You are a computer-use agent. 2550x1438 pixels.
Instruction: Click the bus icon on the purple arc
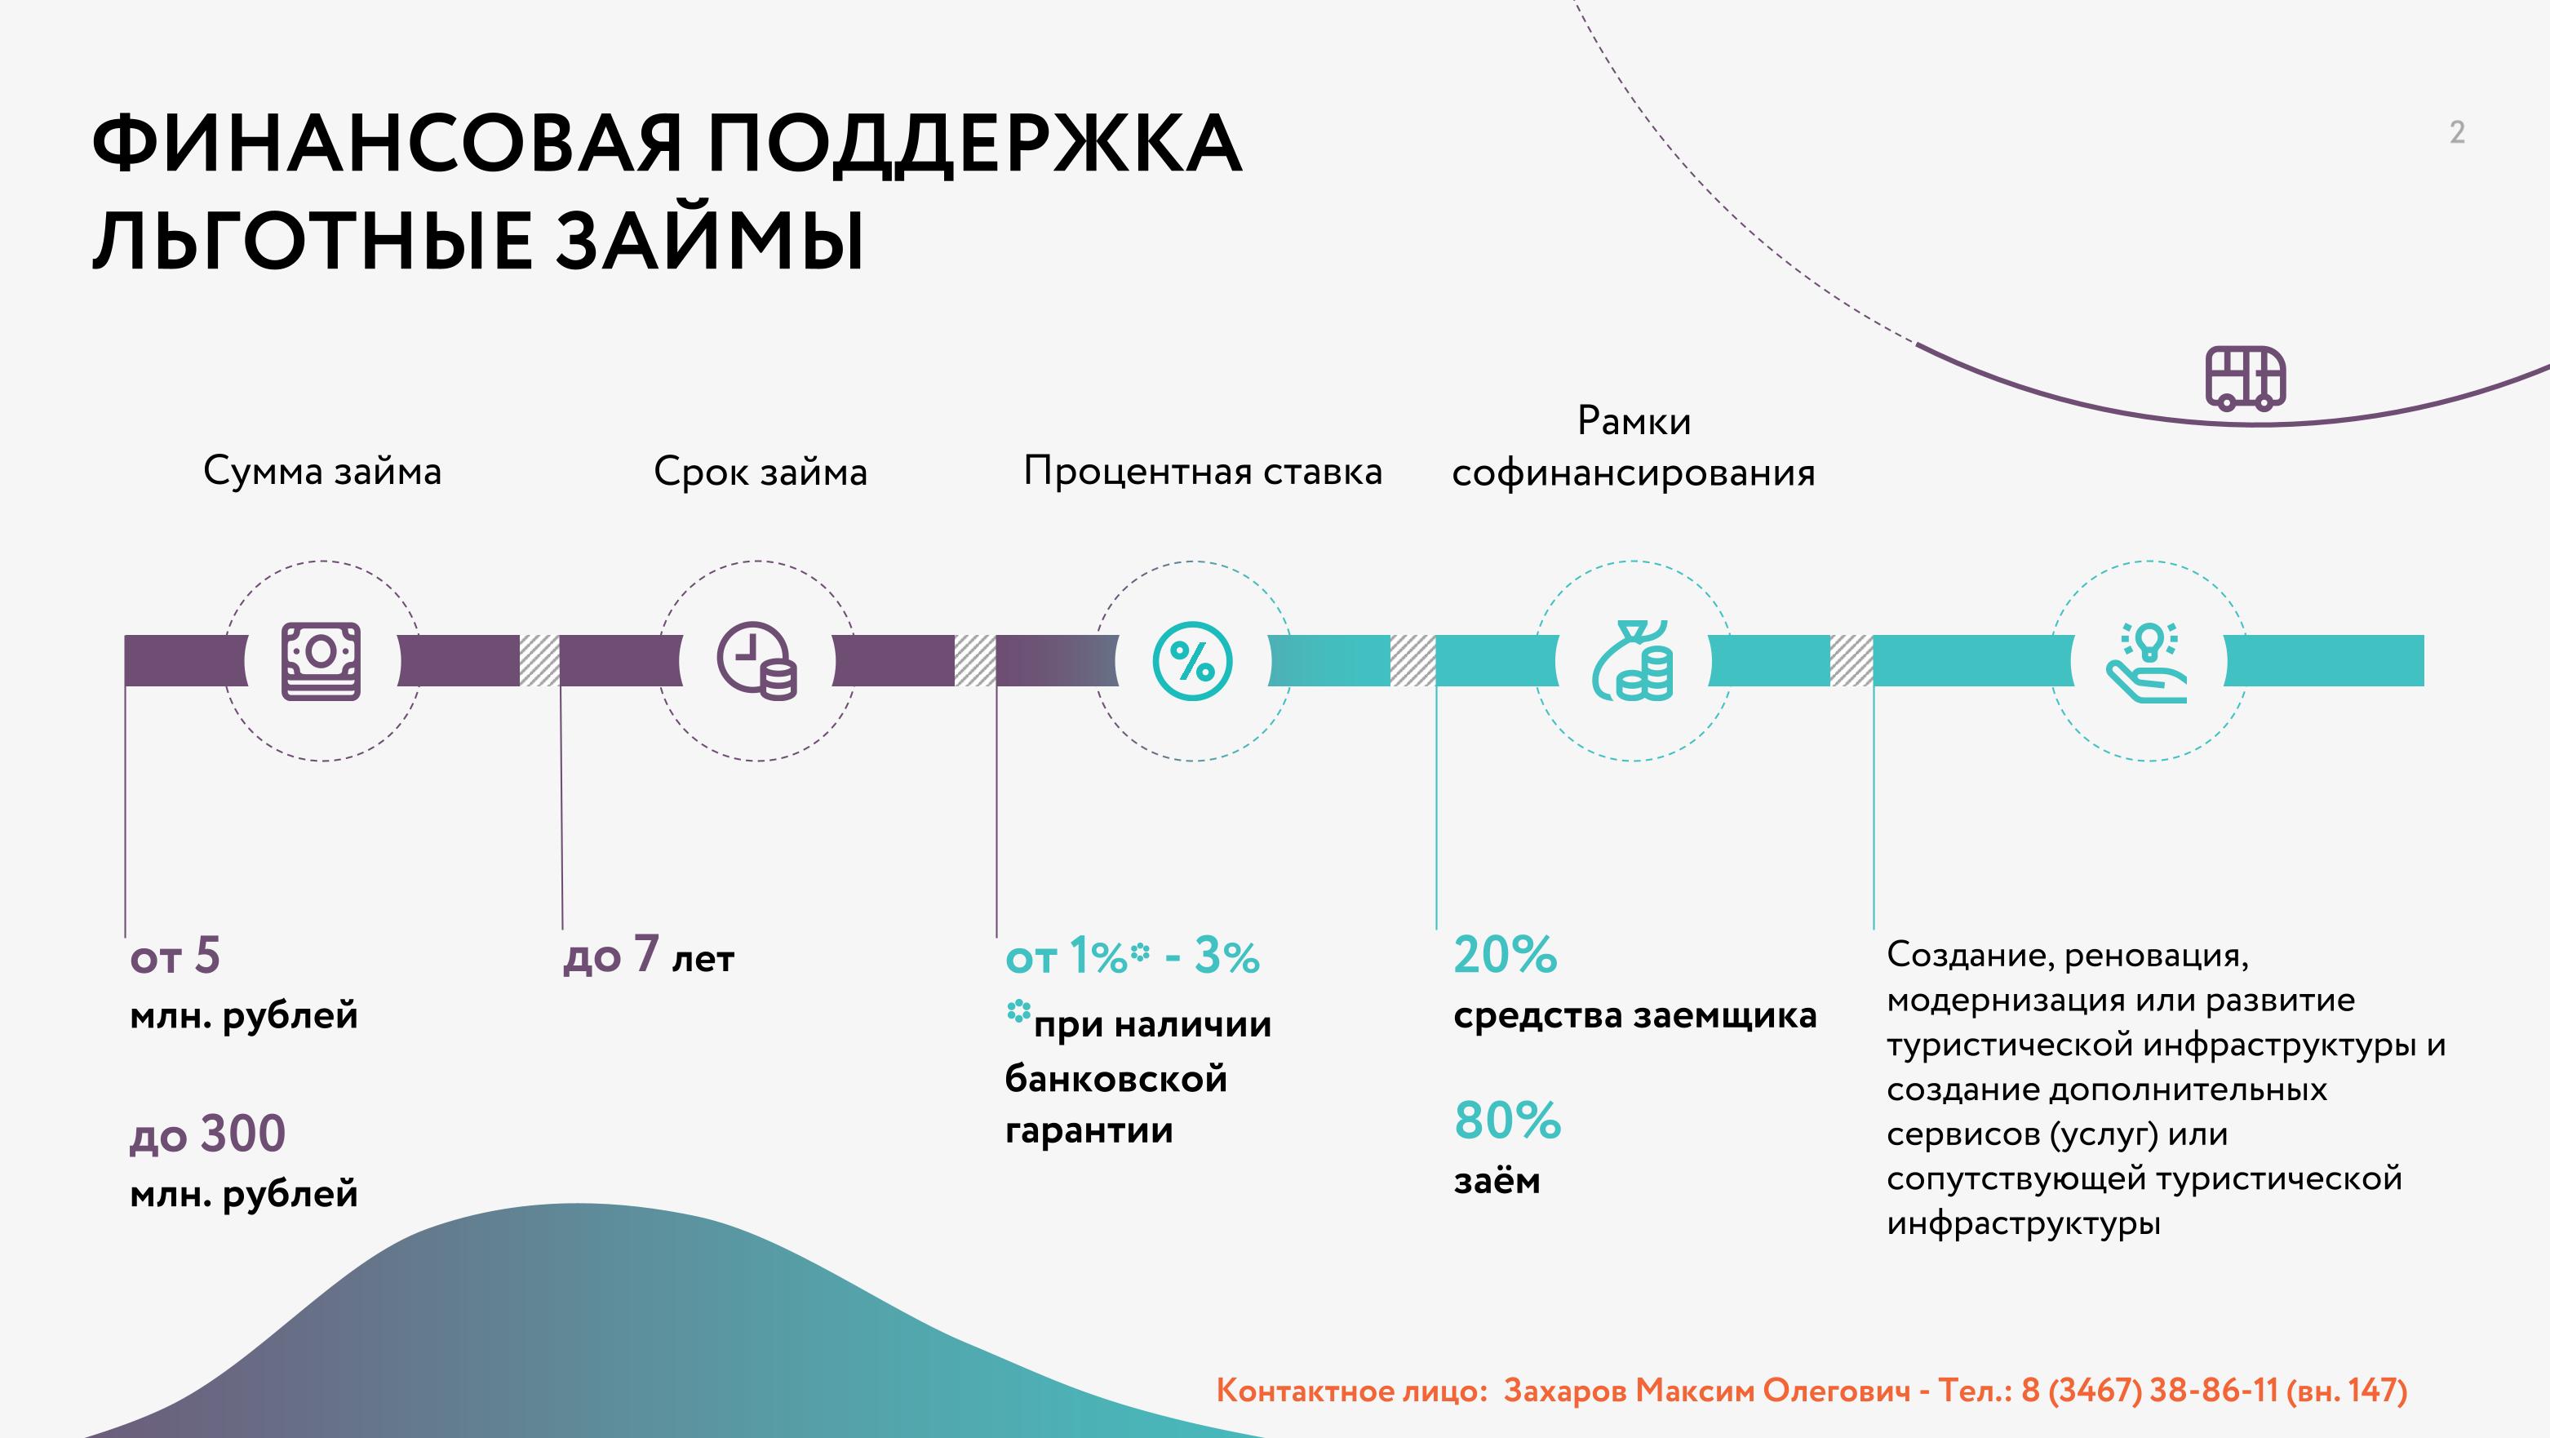click(x=2245, y=377)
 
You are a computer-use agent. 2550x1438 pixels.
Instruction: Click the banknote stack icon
click(x=321, y=660)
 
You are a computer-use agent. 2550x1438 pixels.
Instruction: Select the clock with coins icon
click(x=757, y=660)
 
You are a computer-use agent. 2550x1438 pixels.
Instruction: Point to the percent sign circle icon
click(x=1193, y=660)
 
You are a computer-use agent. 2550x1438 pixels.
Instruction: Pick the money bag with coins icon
click(x=1632, y=660)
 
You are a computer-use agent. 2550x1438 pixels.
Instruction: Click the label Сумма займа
click(x=322, y=472)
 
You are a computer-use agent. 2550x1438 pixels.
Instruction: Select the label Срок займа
click(x=761, y=472)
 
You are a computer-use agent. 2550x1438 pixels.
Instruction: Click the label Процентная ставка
click(x=1203, y=472)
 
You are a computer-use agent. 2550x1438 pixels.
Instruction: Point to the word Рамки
click(x=1634, y=421)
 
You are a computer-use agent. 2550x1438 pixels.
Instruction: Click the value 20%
click(x=1506, y=955)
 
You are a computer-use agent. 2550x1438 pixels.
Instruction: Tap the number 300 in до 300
click(x=242, y=1133)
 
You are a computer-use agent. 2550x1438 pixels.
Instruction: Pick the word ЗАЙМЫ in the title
click(x=709, y=240)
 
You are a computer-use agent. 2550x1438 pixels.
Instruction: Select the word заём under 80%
click(x=1497, y=1179)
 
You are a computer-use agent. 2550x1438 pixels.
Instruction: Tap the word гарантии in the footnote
click(x=1089, y=1131)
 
